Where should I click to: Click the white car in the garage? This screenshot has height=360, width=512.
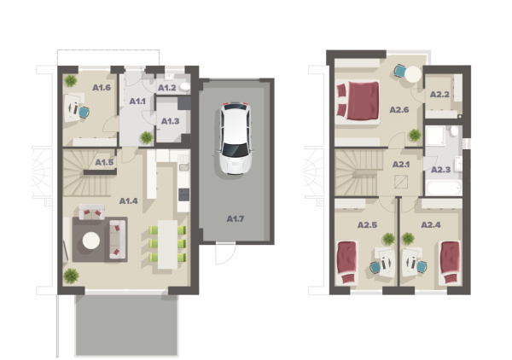pos(236,138)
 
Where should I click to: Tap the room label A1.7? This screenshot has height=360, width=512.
pos(236,218)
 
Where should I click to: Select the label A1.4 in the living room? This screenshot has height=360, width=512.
pos(128,201)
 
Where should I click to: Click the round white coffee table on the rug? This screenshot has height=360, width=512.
pos(91,241)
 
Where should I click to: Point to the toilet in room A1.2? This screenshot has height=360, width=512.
pos(185,86)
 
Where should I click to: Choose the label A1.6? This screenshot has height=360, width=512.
pos(102,88)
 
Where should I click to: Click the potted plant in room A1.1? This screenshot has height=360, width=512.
pos(147,137)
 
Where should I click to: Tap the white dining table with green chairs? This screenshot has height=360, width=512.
pos(167,244)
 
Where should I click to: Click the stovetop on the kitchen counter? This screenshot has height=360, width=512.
pos(183,195)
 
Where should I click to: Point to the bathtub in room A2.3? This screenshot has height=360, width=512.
pos(444,189)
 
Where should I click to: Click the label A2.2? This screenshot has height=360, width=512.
pos(439,95)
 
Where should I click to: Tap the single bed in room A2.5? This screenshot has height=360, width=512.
pos(346,263)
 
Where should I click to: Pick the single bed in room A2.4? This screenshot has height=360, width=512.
pos(450,263)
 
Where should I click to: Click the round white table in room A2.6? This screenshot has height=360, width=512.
pos(413,74)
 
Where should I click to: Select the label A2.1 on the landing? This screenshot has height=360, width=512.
pos(401,164)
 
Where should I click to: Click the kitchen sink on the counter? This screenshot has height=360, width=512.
pos(184,167)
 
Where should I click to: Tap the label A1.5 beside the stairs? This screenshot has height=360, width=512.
pos(104,162)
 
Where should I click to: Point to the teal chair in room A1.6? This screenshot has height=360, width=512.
pos(84,113)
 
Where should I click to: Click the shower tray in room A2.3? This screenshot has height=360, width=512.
pos(435,136)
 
